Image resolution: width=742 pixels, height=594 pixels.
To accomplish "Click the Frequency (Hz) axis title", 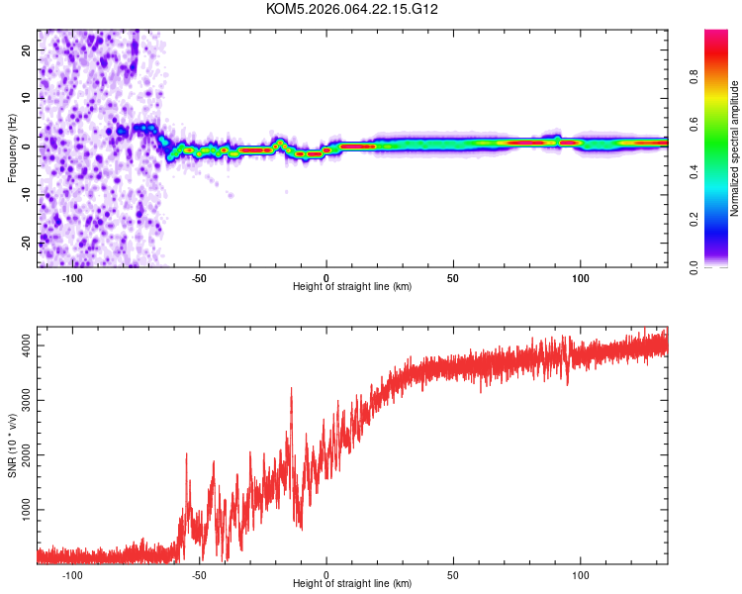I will pyautogui.click(x=12, y=148).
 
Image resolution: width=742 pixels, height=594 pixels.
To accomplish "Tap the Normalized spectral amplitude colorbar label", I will pyautogui.click(x=735, y=149).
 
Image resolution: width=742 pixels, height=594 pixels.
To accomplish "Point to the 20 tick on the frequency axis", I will pyautogui.click(x=26, y=49).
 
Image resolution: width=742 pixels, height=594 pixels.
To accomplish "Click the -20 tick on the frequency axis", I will pyautogui.click(x=24, y=243).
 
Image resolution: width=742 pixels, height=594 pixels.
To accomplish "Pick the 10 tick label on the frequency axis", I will pyautogui.click(x=26, y=98).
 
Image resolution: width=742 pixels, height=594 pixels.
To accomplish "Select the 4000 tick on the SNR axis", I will pyautogui.click(x=20, y=345).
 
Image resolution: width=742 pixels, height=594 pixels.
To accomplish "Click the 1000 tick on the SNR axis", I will pyautogui.click(x=20, y=510).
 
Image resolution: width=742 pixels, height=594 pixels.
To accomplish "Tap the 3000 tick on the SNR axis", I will pyautogui.click(x=20, y=400).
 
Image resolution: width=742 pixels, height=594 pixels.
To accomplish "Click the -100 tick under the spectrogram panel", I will pyautogui.click(x=72, y=278).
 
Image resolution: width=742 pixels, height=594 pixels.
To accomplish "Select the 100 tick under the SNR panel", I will pyautogui.click(x=580, y=575).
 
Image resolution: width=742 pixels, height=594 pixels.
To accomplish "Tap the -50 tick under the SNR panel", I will pyautogui.click(x=199, y=575).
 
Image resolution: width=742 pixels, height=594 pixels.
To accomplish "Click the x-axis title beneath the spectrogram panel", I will pyautogui.click(x=352, y=287).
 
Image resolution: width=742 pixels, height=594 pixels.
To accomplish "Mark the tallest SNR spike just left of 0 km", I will pyautogui.click(x=291, y=389).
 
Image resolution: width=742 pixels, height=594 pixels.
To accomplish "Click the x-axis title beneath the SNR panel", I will pyautogui.click(x=352, y=584).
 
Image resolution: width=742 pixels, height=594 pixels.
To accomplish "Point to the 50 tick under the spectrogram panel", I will pyautogui.click(x=453, y=278).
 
